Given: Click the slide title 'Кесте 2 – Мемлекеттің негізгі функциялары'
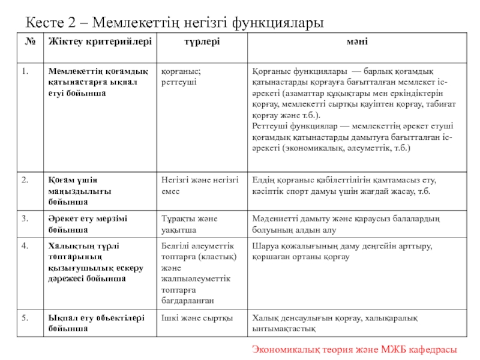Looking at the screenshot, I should tap(175, 23).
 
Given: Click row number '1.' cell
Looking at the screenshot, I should tap(26, 71).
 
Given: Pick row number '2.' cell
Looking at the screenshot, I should tap(26, 179).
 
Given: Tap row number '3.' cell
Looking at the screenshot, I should tap(26, 219).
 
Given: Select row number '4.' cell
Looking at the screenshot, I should tap(26, 245).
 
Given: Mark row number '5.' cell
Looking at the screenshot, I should tap(26, 317).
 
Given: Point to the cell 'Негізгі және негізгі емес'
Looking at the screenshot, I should tap(200, 185).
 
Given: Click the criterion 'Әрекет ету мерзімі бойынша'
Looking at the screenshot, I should tap(88, 224).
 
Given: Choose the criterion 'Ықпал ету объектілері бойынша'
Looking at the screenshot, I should tap(91, 323).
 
